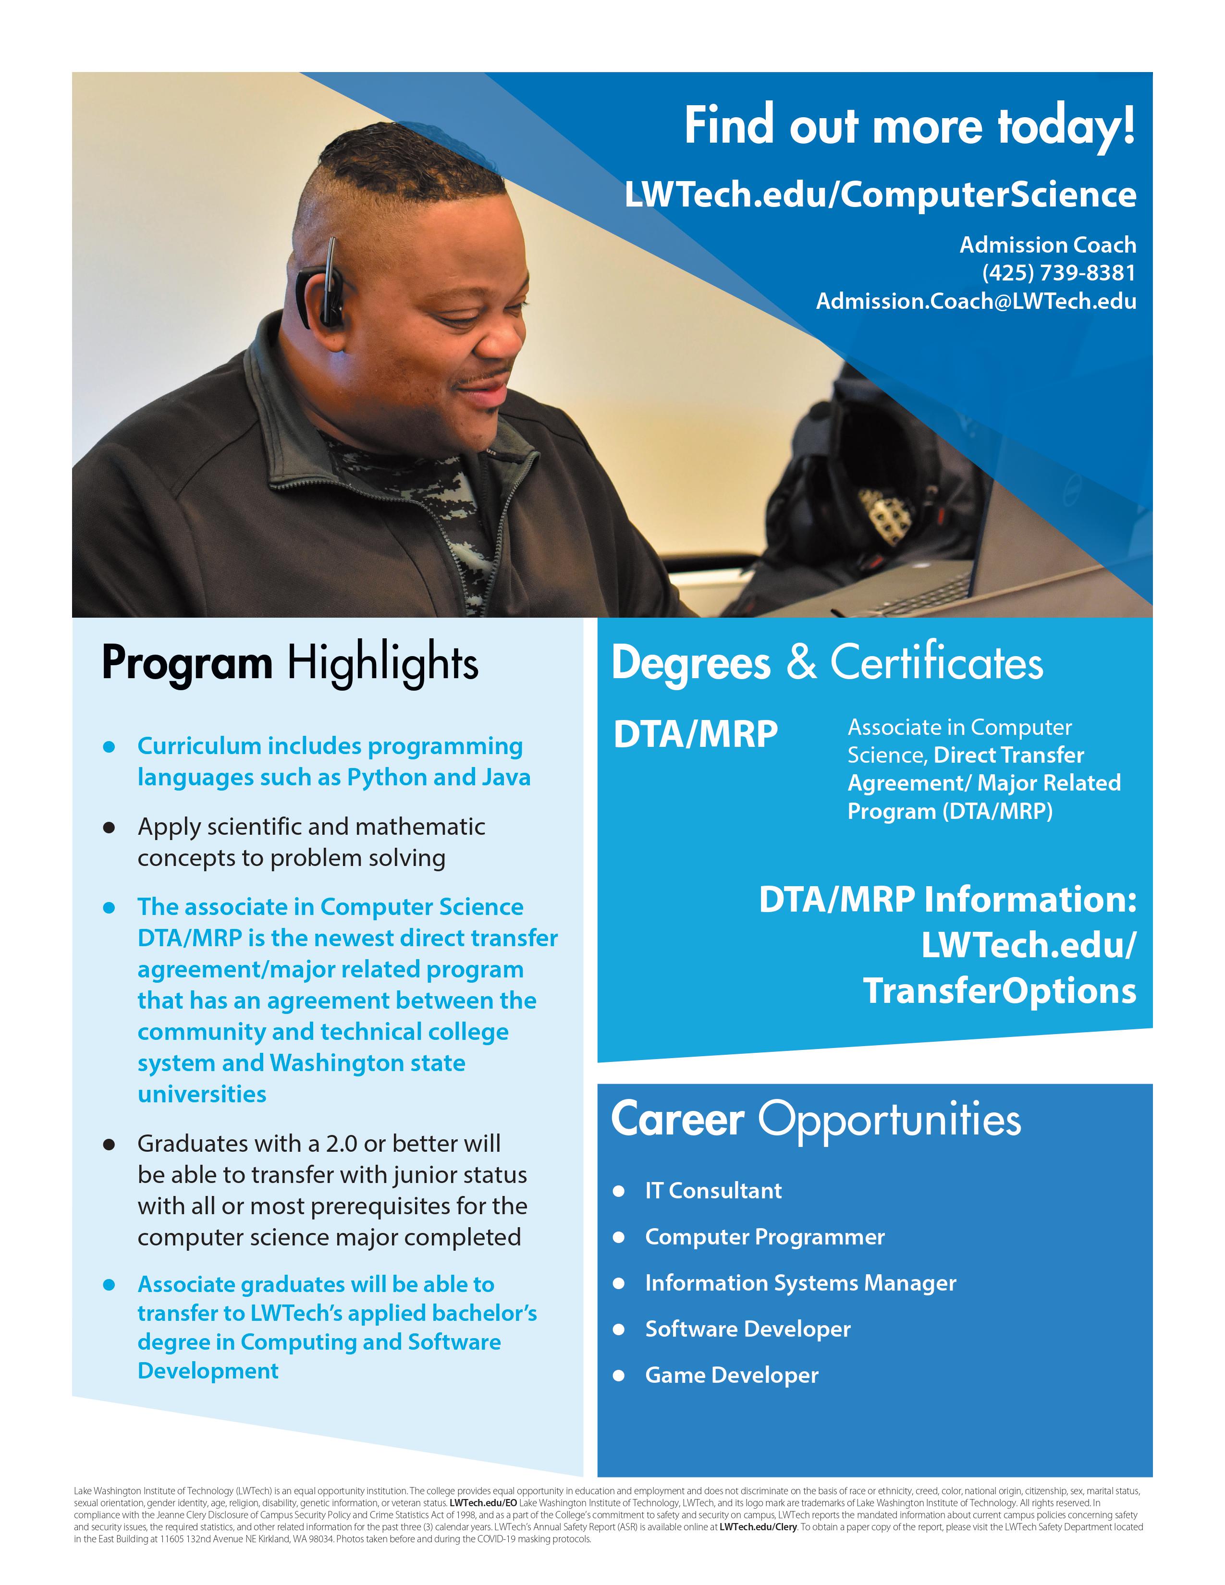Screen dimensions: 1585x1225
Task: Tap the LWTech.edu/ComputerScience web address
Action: (x=880, y=195)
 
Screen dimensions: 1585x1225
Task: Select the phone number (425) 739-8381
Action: (x=1059, y=273)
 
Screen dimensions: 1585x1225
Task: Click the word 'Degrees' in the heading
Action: (x=690, y=663)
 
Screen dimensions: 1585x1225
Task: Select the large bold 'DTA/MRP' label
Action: (x=695, y=734)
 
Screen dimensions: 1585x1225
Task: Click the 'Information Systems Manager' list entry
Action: (x=800, y=1283)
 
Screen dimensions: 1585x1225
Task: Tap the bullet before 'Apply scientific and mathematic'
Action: (x=110, y=828)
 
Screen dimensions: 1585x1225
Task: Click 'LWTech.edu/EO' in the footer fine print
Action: (x=483, y=1503)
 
